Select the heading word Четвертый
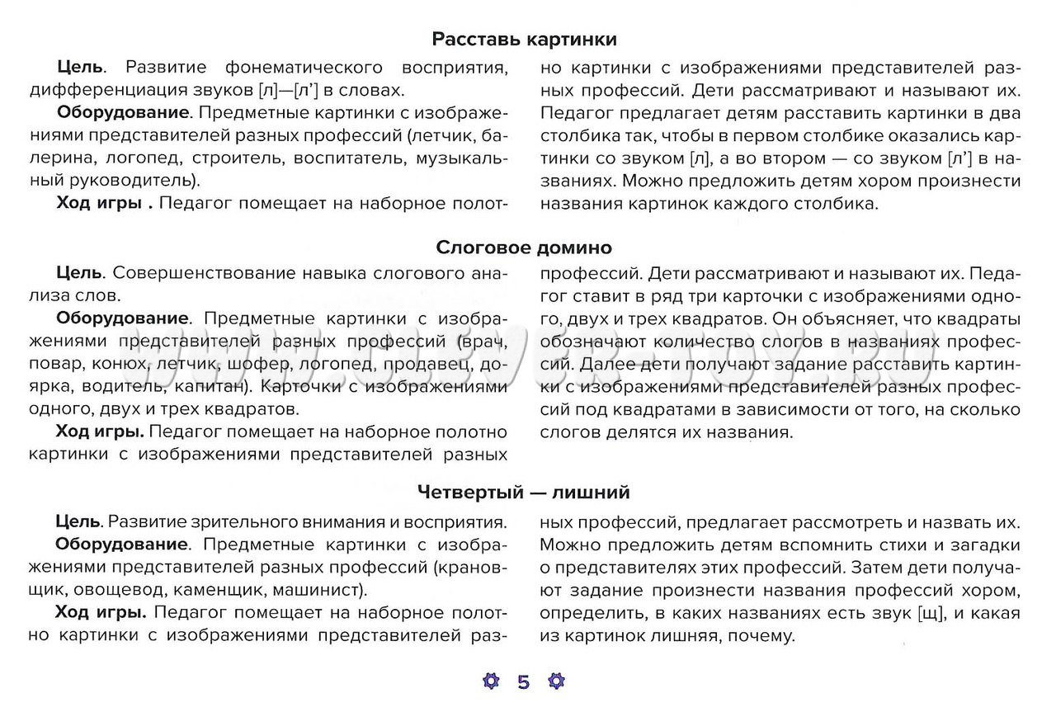(465, 493)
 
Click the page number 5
(524, 682)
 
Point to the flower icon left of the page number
(491, 682)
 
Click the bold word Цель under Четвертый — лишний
(78, 522)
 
